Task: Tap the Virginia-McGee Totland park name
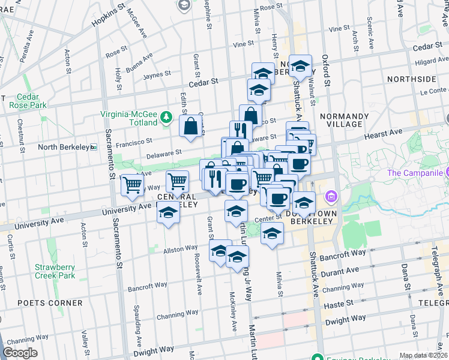[129, 116]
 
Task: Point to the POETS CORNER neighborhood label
[41, 302]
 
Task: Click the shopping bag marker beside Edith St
[190, 127]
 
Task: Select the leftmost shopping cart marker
[132, 185]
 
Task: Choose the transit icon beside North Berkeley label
[93, 147]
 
